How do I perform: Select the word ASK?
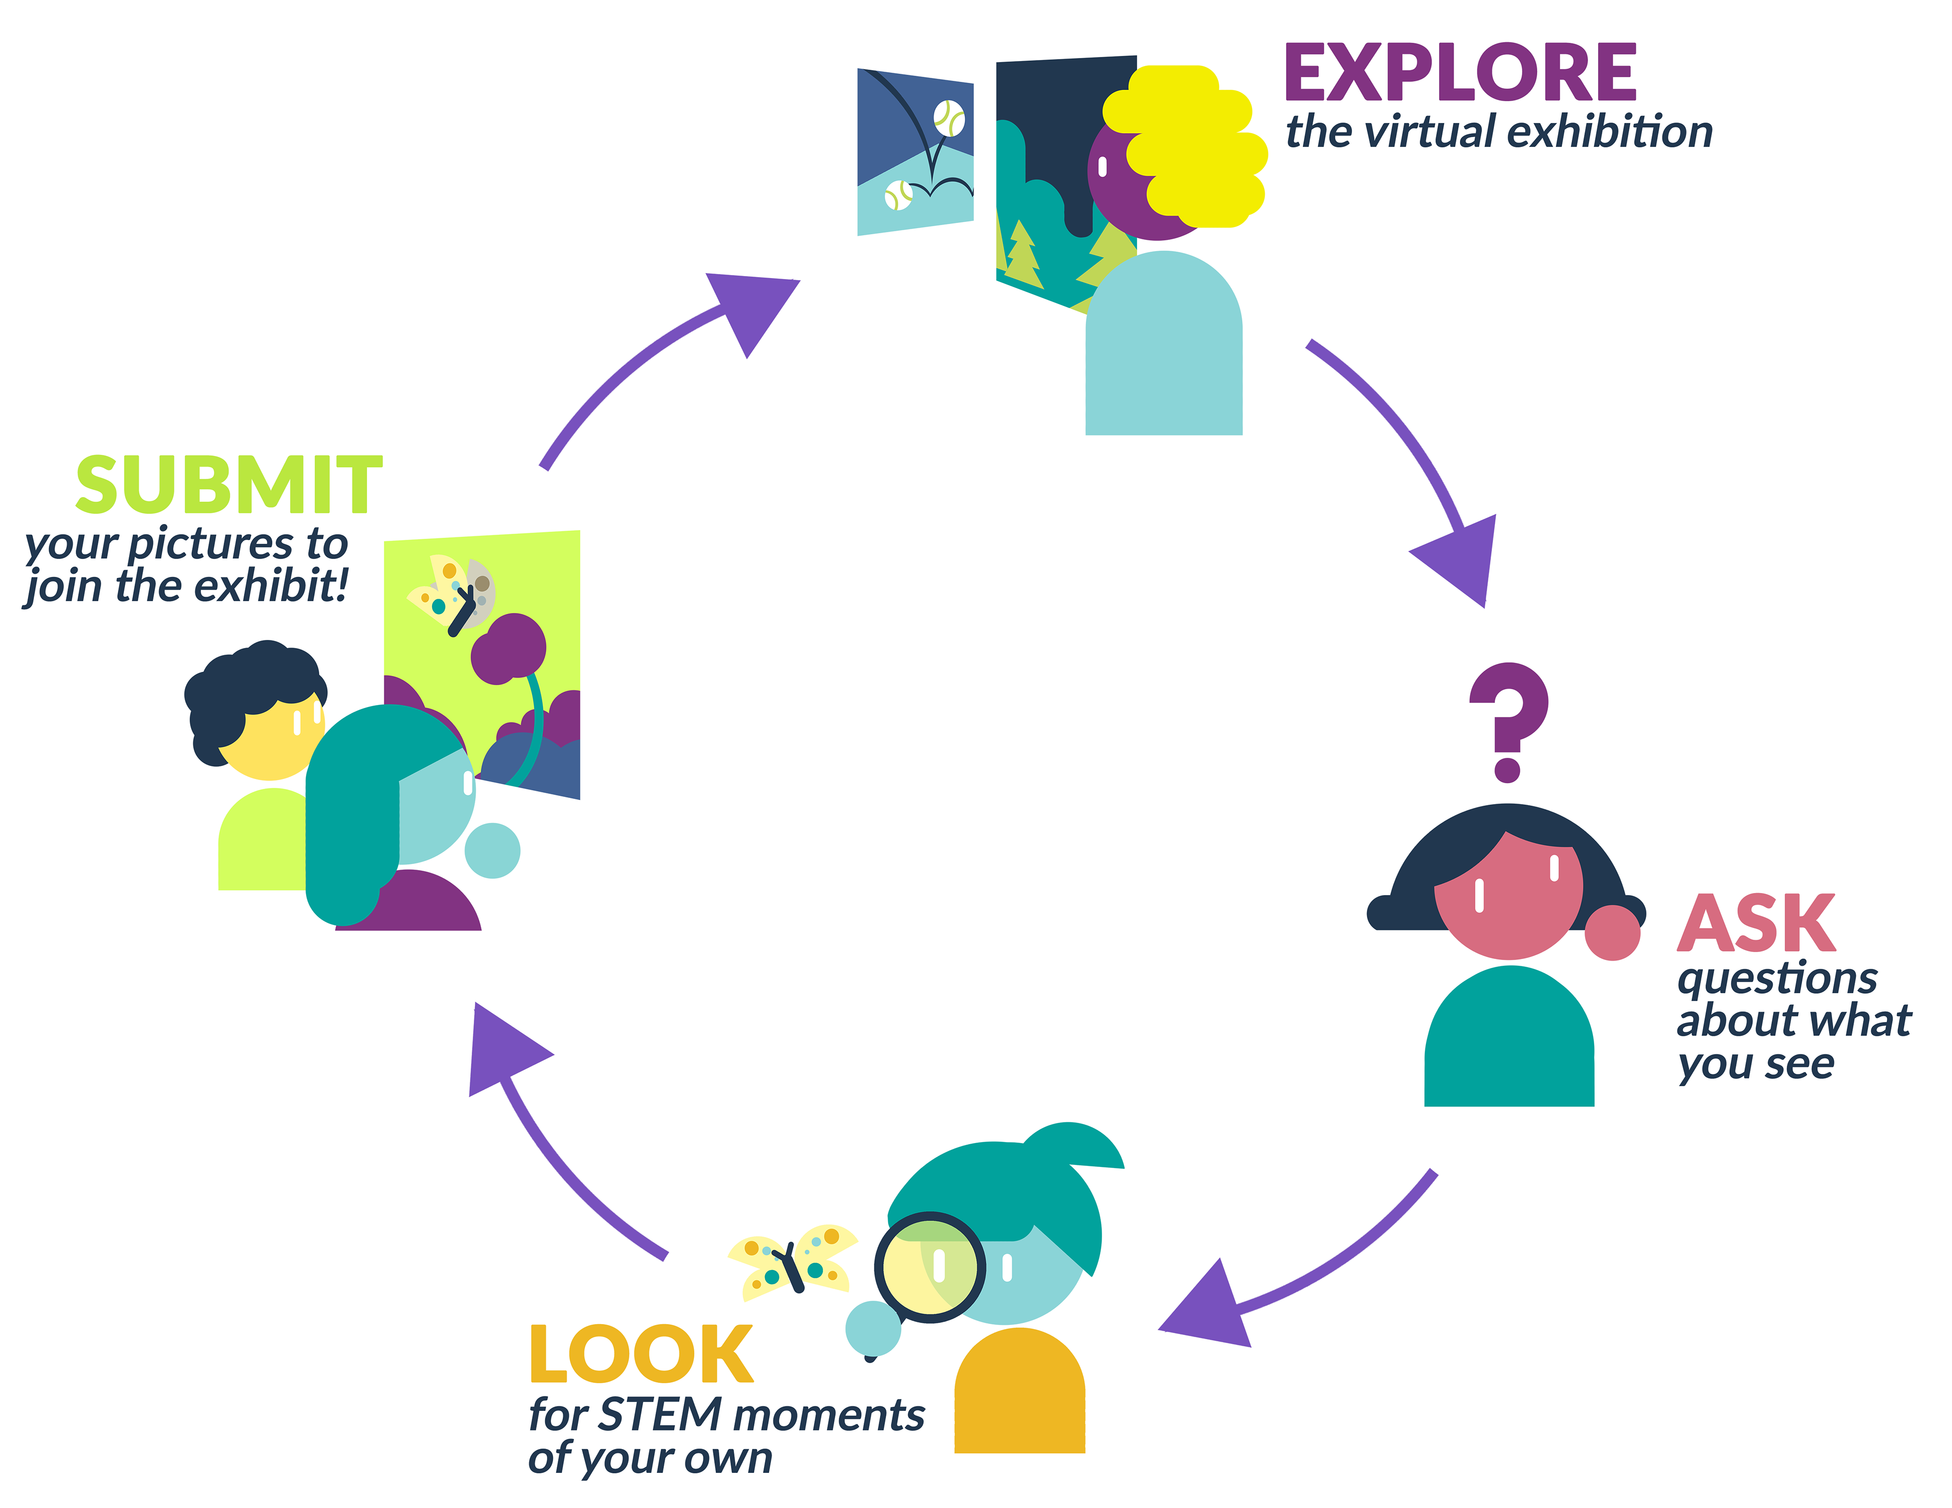(x=1755, y=925)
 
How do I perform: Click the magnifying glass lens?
(x=930, y=1268)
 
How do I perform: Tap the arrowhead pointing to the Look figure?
(x=1207, y=1310)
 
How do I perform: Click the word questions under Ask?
(x=1777, y=979)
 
